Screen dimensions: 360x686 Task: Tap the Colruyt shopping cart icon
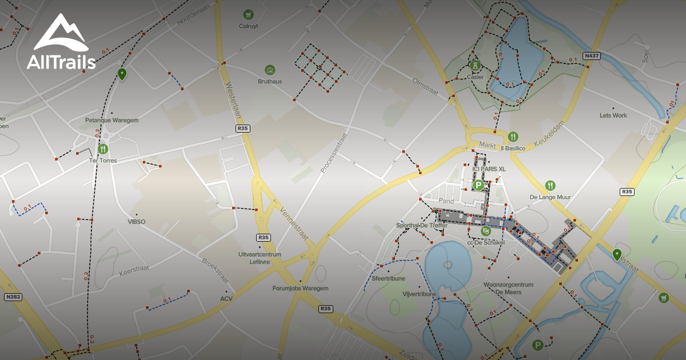click(x=248, y=14)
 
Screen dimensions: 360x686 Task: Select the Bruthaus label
click(x=269, y=81)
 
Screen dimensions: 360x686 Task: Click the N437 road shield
click(x=592, y=56)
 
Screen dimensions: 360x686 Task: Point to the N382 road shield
click(x=13, y=297)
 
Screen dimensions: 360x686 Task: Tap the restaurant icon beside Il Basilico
click(x=513, y=137)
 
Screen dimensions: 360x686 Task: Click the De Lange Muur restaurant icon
click(x=550, y=185)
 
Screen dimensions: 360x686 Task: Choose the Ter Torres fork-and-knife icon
click(x=103, y=149)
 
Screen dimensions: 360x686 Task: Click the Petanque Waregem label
click(x=111, y=121)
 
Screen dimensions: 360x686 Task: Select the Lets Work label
click(x=613, y=115)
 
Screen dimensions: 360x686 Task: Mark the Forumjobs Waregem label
click(x=300, y=289)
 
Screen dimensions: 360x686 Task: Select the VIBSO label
click(x=137, y=222)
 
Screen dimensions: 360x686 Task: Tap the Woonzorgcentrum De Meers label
click(x=508, y=288)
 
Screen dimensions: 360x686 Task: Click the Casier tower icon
click(x=474, y=65)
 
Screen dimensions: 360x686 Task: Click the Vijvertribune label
click(x=419, y=294)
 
